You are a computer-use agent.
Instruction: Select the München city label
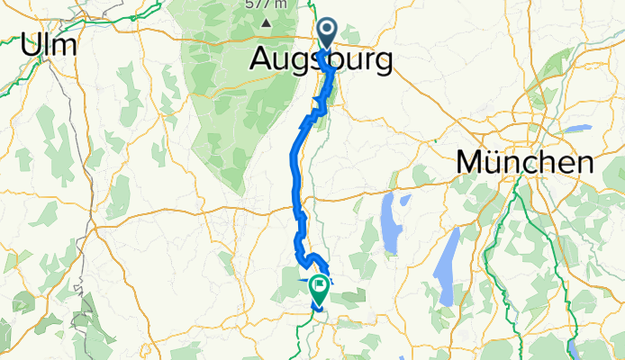coord(525,163)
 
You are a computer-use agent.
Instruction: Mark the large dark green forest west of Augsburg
coord(216,99)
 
